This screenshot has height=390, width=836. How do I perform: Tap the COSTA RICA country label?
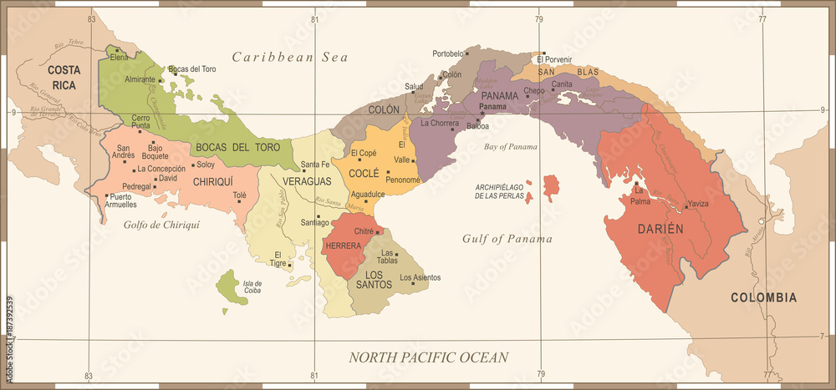63,77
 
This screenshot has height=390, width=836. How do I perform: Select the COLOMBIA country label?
763,297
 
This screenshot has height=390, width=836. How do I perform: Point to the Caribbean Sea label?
289,57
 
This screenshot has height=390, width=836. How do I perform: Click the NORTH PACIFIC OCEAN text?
428,357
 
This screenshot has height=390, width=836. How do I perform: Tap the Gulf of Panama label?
507,239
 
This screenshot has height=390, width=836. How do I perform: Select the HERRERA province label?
344,246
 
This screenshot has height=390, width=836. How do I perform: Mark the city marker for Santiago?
318,216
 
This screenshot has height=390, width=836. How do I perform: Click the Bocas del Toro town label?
192,68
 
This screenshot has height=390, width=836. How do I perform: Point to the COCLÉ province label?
364,173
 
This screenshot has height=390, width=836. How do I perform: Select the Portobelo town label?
449,53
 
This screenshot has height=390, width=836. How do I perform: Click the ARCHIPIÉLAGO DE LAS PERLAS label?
500,191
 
